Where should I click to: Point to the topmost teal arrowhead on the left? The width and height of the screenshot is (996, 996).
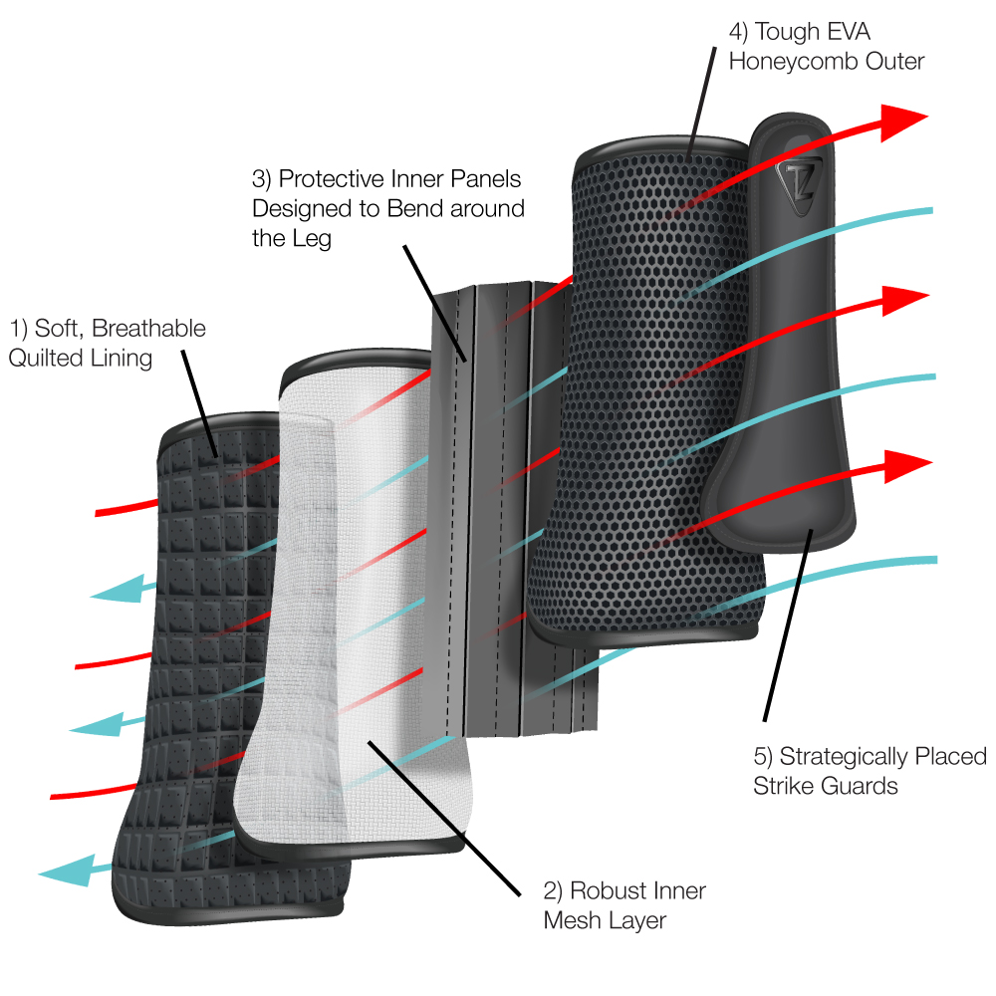click(x=112, y=593)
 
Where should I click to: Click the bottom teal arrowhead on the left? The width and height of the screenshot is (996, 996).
click(x=62, y=872)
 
